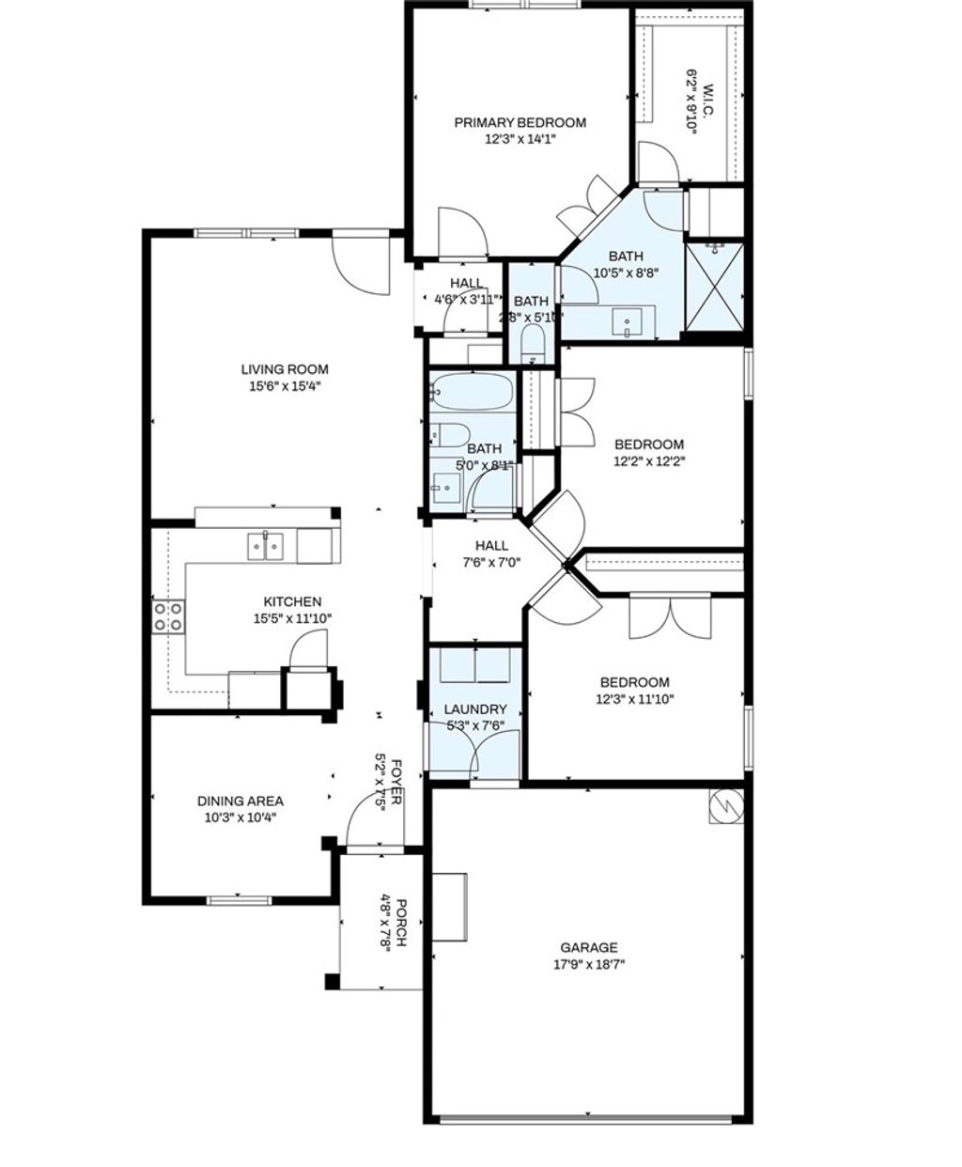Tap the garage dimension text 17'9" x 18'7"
click(x=589, y=964)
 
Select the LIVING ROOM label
click(x=285, y=369)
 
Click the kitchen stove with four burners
click(x=169, y=616)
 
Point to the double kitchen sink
click(x=265, y=546)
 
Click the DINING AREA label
click(x=240, y=801)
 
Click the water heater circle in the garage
click(x=725, y=805)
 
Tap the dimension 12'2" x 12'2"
click(x=649, y=460)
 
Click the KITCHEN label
click(x=292, y=601)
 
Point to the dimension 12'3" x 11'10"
click(x=635, y=698)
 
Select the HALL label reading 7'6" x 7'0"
click(x=491, y=545)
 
